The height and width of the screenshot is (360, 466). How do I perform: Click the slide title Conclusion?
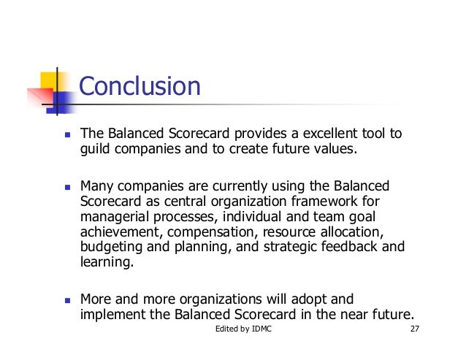(x=139, y=87)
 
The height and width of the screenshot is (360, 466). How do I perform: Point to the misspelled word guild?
(x=95, y=151)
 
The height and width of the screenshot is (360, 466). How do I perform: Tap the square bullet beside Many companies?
(x=67, y=185)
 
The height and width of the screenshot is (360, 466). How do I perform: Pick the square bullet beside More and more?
(x=67, y=299)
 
